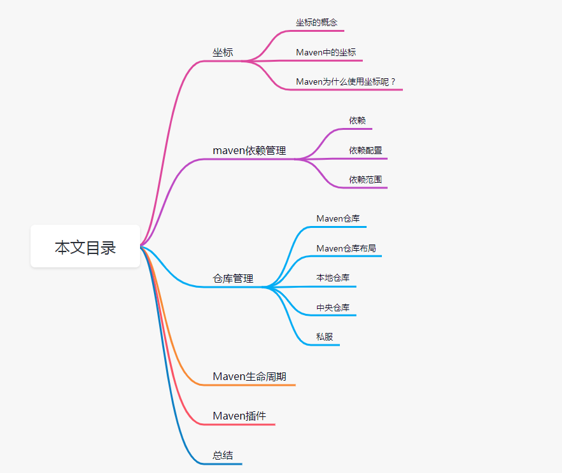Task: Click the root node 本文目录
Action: tap(85, 246)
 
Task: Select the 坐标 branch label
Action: tap(223, 52)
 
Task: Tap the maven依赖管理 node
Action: tap(249, 151)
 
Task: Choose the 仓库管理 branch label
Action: tap(233, 279)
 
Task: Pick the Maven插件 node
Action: tap(239, 416)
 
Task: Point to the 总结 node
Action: tap(223, 455)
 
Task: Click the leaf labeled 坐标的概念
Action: tap(316, 22)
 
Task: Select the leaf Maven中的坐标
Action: tap(326, 52)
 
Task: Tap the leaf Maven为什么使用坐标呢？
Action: tap(346, 81)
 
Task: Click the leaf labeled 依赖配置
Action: tap(365, 150)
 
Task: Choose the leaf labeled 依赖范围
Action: tap(365, 180)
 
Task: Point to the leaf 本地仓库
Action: tap(333, 278)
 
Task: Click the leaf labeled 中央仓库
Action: tap(333, 307)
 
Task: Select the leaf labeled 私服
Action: tap(325, 337)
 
